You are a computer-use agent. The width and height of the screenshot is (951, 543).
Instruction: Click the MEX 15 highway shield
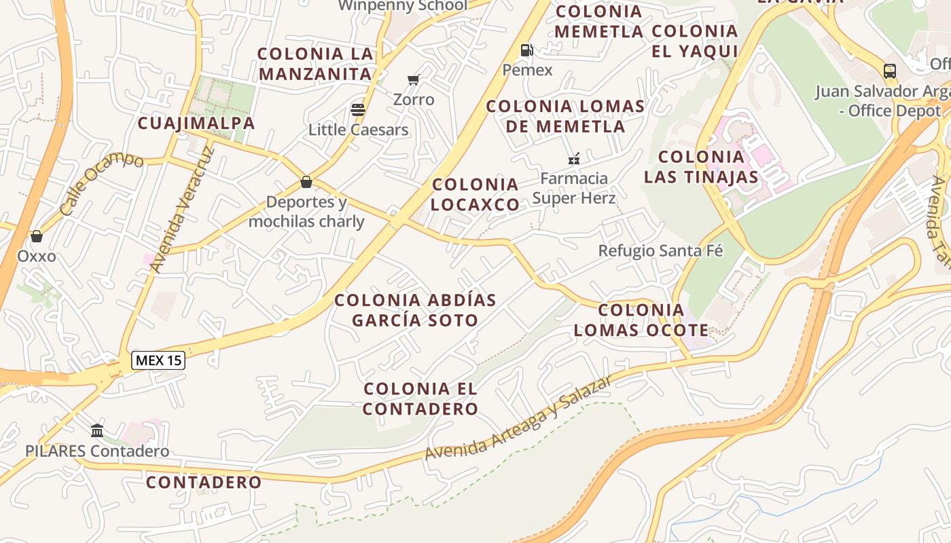click(x=158, y=360)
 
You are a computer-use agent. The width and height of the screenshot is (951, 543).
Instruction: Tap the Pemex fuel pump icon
click(x=526, y=50)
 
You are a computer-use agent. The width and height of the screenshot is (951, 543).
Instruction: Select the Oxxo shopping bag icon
click(x=37, y=236)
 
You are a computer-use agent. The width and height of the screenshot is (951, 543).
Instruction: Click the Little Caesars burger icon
click(x=358, y=110)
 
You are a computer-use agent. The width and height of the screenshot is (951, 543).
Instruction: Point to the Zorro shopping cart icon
click(x=413, y=80)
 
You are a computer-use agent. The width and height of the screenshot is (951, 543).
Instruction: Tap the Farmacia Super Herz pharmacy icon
click(x=574, y=159)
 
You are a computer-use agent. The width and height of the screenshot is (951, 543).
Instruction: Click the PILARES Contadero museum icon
click(x=97, y=430)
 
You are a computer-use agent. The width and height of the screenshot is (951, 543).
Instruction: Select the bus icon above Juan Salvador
click(x=889, y=71)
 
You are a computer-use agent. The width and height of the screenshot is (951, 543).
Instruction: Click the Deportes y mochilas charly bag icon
click(x=306, y=182)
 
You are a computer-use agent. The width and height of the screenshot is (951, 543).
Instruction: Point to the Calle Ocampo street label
click(x=102, y=184)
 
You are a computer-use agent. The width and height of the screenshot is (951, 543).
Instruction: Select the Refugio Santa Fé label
click(x=660, y=250)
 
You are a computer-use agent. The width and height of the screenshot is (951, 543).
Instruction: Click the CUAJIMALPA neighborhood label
click(x=196, y=124)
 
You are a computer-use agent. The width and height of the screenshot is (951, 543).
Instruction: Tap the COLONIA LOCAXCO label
click(x=475, y=194)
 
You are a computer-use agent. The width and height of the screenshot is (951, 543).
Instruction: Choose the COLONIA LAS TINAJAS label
click(x=701, y=167)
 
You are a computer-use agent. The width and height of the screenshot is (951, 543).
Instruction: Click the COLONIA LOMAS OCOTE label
click(x=641, y=320)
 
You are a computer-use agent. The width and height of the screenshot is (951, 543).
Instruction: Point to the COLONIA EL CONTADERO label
click(x=421, y=399)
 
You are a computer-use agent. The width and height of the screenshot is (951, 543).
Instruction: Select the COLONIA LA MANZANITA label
click(x=316, y=64)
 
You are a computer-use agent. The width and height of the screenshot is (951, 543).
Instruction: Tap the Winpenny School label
click(x=403, y=5)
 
